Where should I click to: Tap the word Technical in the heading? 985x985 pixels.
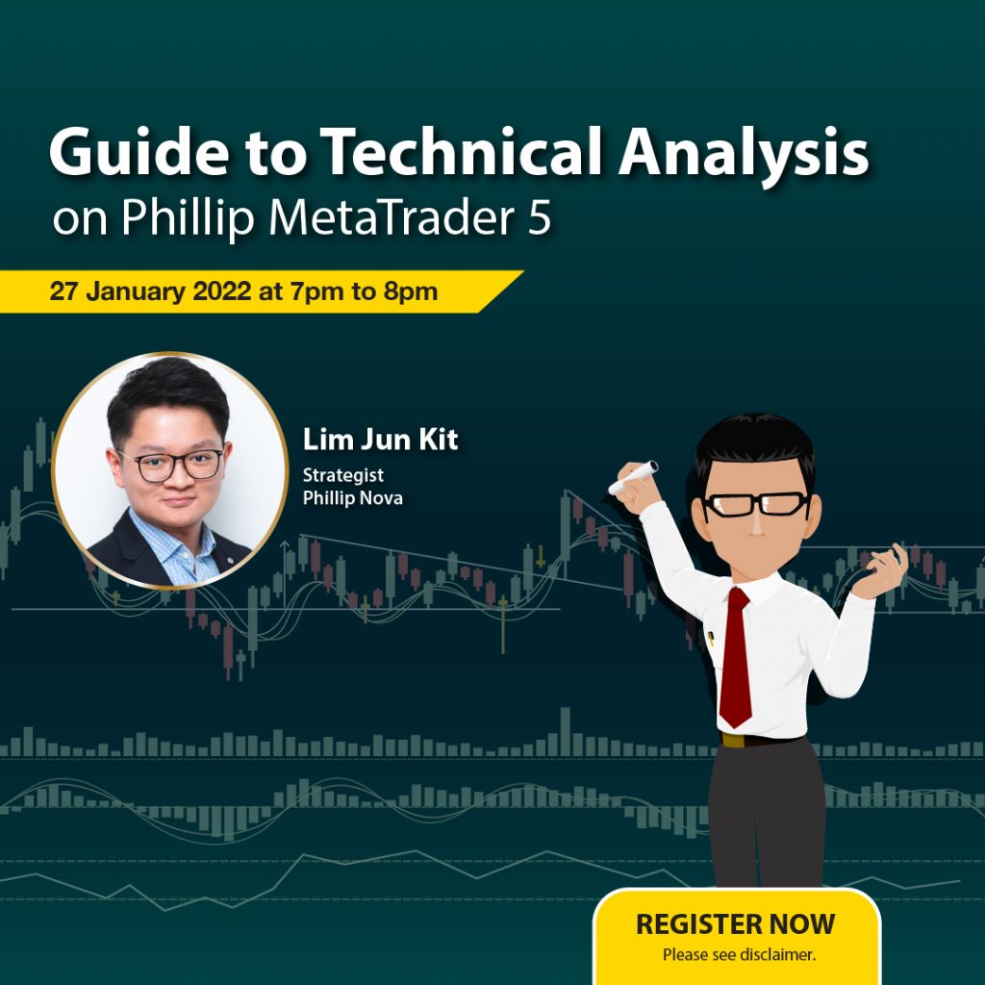click(x=461, y=151)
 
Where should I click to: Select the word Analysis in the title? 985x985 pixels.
click(x=744, y=156)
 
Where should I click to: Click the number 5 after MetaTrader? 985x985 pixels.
click(x=539, y=218)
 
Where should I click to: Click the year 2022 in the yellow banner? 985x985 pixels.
click(x=222, y=291)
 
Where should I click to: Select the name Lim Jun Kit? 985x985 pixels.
click(x=380, y=439)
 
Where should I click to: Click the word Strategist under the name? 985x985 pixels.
click(x=343, y=476)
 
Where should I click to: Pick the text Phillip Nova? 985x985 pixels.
click(x=352, y=498)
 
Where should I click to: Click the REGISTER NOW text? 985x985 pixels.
click(x=735, y=924)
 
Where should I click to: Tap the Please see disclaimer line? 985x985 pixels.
click(x=739, y=955)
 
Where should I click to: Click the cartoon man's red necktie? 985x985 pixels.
click(x=736, y=657)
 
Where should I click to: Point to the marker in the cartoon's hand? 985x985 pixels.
click(x=633, y=477)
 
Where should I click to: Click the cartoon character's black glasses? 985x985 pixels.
click(x=754, y=504)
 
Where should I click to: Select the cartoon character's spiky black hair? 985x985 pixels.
click(x=755, y=445)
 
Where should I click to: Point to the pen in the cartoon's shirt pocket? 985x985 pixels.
click(x=711, y=639)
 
